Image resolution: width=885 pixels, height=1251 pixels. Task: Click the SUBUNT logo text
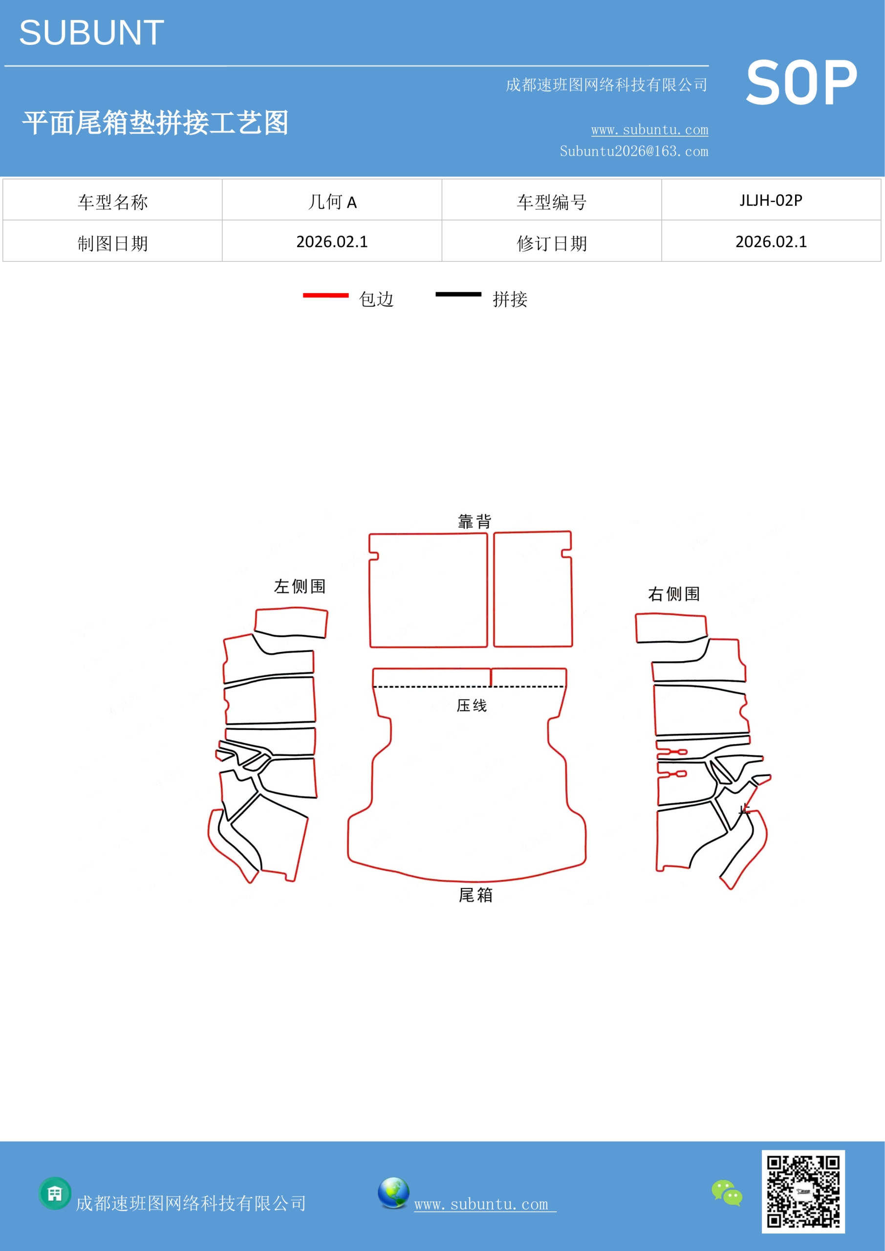pyautogui.click(x=91, y=33)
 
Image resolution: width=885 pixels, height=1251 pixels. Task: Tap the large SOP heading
pyautogui.click(x=801, y=83)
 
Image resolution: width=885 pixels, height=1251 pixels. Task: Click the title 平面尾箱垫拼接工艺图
pyautogui.click(x=155, y=123)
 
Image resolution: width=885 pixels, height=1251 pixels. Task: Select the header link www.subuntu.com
pyautogui.click(x=649, y=129)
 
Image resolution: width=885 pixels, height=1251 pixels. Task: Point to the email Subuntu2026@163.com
pyautogui.click(x=634, y=151)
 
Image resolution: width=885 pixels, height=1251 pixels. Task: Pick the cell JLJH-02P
pyautogui.click(x=771, y=200)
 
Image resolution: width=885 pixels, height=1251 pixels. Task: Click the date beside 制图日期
pyautogui.click(x=332, y=242)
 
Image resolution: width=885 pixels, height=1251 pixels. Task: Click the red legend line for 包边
pyautogui.click(x=325, y=295)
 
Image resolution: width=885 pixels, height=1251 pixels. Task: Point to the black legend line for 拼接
pyautogui.click(x=458, y=294)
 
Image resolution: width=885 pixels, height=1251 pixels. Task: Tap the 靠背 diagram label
pyautogui.click(x=475, y=521)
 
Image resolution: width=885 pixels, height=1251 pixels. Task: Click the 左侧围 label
pyautogui.click(x=300, y=586)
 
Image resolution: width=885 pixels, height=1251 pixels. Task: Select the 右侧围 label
pyautogui.click(x=673, y=594)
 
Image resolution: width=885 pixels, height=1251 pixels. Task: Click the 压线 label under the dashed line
pyautogui.click(x=472, y=706)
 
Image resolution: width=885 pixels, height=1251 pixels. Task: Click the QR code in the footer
pyautogui.click(x=803, y=1191)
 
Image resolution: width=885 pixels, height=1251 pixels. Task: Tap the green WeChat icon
pyautogui.click(x=727, y=1192)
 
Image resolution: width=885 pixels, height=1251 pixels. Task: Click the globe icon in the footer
pyautogui.click(x=393, y=1193)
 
